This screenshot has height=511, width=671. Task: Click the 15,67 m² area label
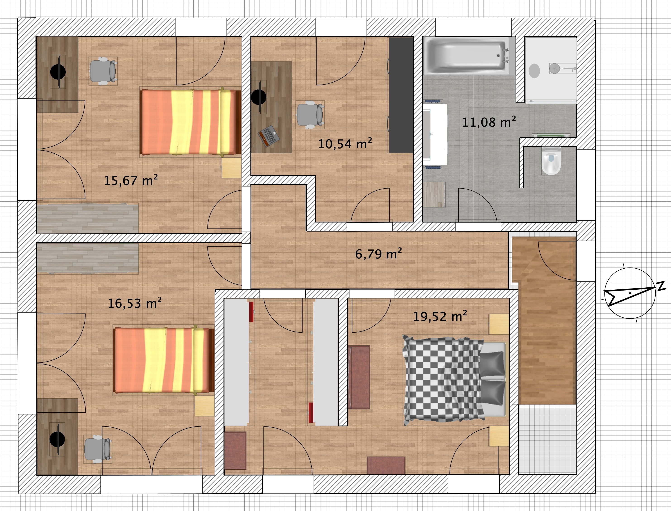click(131, 181)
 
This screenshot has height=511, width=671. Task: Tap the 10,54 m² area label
click(345, 144)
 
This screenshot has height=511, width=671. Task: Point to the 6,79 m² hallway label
click(378, 254)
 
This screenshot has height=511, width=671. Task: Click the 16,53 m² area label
click(135, 303)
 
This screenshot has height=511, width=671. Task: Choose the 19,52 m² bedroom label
click(440, 316)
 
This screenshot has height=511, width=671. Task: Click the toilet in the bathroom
click(551, 161)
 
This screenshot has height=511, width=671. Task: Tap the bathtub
click(469, 56)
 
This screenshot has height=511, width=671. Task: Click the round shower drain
click(534, 70)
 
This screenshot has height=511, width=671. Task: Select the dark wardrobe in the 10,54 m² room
click(401, 95)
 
